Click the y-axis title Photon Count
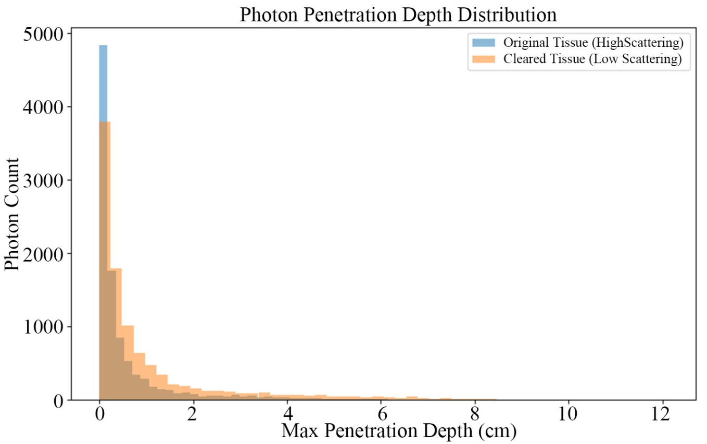[12, 214]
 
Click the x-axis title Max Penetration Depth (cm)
[399, 430]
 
